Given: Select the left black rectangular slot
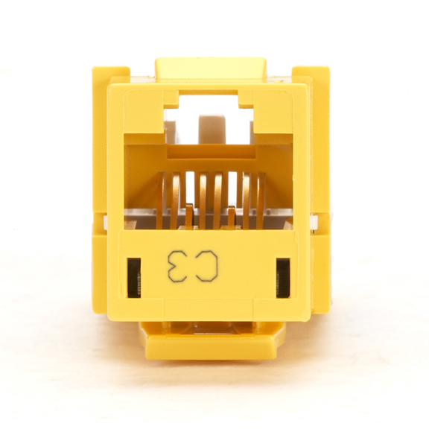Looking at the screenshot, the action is coord(134,278).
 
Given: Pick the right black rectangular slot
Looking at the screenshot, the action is coord(283,278).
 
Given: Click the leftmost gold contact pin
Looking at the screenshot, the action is coord(162,200).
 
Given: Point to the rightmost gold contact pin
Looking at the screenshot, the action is coord(261,200).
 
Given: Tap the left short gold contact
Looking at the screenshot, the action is coord(188,216).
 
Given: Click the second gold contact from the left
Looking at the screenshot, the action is coord(175,200).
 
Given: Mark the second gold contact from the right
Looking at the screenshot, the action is coord(247,200).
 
